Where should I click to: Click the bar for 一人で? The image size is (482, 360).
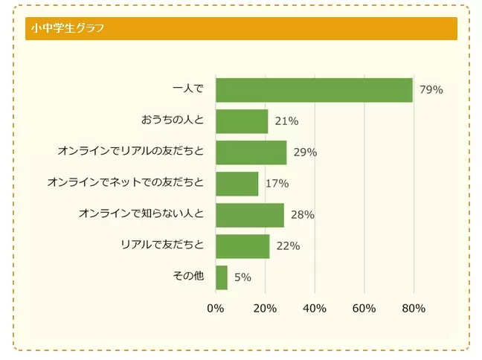(314, 90)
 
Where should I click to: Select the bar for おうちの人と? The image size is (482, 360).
(242, 121)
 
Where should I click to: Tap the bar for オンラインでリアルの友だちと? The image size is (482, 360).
(251, 152)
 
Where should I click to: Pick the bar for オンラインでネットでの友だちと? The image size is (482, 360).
(237, 184)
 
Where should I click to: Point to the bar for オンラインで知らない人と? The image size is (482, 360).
(250, 215)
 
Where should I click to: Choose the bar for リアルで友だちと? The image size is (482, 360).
(242, 246)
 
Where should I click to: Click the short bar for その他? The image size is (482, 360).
(222, 277)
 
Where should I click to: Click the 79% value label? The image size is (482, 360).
(431, 90)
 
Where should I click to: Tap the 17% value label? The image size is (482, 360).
(277, 184)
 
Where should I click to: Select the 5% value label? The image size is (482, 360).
(242, 277)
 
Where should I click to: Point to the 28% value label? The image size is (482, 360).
(303, 215)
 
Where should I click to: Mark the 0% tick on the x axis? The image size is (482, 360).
(215, 309)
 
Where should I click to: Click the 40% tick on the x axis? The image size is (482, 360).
(315, 309)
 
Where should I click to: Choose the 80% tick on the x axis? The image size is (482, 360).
(414, 309)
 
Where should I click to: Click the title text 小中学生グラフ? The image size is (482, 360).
(67, 29)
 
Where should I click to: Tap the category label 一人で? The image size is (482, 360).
(187, 89)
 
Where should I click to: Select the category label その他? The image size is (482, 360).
(187, 277)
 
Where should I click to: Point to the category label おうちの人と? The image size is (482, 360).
(172, 120)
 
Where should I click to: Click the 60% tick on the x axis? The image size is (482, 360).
(364, 309)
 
